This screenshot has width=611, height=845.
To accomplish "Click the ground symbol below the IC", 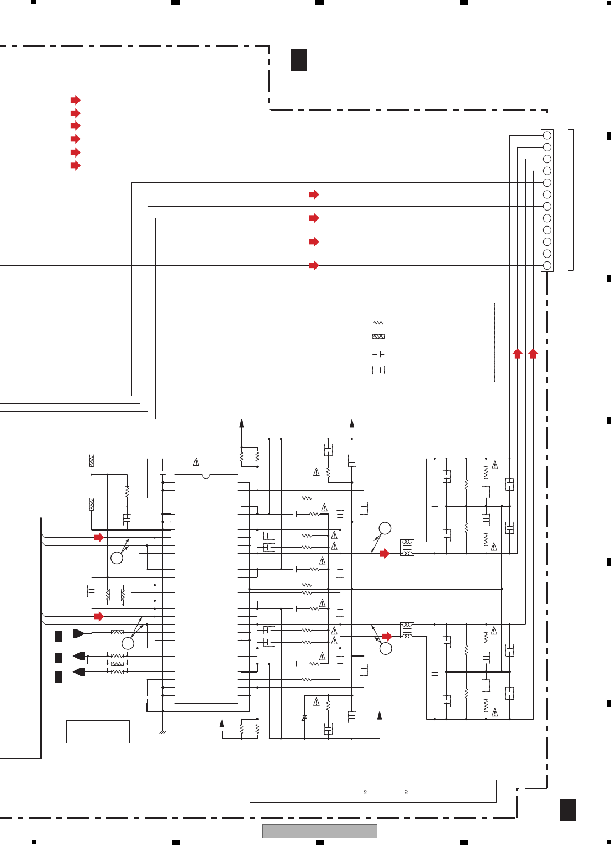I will (x=162, y=732).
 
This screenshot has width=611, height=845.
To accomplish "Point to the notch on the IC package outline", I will (x=206, y=476).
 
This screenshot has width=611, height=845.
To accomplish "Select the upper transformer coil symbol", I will (x=407, y=548).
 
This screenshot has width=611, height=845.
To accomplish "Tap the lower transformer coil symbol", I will (x=407, y=630).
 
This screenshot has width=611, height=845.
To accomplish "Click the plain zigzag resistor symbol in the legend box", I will (x=378, y=323).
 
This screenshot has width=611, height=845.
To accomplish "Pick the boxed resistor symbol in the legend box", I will (x=378, y=337).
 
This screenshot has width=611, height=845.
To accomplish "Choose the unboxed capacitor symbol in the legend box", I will (x=378, y=354).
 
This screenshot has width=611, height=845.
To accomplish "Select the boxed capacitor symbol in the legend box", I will (x=378, y=370).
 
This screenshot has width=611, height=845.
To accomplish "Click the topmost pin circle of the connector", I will (x=547, y=135).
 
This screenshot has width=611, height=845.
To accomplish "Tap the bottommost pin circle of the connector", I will (x=547, y=266).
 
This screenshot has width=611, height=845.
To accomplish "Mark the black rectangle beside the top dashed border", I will (x=298, y=60).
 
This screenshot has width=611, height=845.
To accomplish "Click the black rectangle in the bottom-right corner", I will (x=567, y=810).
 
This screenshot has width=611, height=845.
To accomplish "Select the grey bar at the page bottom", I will (x=319, y=831).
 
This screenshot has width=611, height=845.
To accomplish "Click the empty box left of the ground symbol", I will (x=98, y=732).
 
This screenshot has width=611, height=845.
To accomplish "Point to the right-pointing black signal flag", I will (x=78, y=633).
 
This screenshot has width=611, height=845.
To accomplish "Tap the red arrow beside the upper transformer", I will (x=384, y=554).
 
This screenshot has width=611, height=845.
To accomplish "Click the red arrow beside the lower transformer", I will (x=387, y=637).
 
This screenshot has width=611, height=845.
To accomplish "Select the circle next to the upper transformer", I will (x=385, y=528).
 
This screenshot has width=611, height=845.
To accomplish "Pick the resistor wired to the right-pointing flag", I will (x=117, y=632).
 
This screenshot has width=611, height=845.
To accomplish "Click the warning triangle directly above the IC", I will (x=196, y=461).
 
